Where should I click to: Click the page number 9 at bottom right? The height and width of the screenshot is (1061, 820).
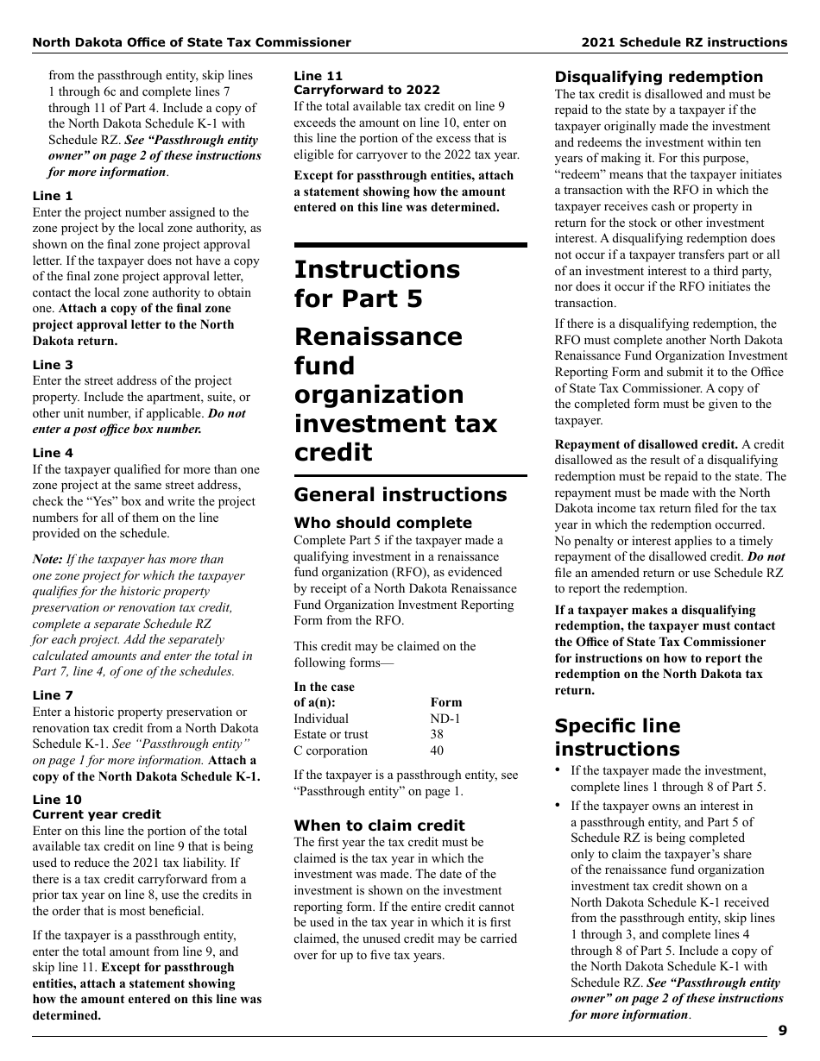[x=782, y=1030]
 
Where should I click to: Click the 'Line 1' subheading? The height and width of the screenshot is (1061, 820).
[x=53, y=196]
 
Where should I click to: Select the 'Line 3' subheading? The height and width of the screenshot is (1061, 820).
[x=53, y=365]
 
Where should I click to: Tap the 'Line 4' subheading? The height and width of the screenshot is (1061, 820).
[x=53, y=453]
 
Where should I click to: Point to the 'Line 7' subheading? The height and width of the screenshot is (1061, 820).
[x=53, y=695]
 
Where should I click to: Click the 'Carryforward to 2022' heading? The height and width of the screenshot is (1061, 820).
[x=367, y=90]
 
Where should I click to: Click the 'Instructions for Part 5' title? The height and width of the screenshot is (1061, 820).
[x=377, y=284]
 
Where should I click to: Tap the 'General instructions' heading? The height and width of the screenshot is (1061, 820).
[x=401, y=495]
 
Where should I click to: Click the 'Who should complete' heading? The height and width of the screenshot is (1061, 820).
[x=382, y=523]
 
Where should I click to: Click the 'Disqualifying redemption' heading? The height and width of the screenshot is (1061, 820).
[x=659, y=77]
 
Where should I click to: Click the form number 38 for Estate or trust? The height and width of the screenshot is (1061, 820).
[x=437, y=735]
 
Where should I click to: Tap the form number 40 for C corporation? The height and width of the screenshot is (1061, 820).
[x=437, y=750]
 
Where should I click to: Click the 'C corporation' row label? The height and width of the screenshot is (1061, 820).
[x=331, y=750]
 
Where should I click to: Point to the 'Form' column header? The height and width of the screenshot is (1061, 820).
[x=446, y=702]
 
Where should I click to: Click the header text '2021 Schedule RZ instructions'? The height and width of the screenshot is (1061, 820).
[x=684, y=42]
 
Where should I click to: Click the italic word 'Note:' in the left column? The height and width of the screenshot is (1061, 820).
[x=47, y=559]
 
